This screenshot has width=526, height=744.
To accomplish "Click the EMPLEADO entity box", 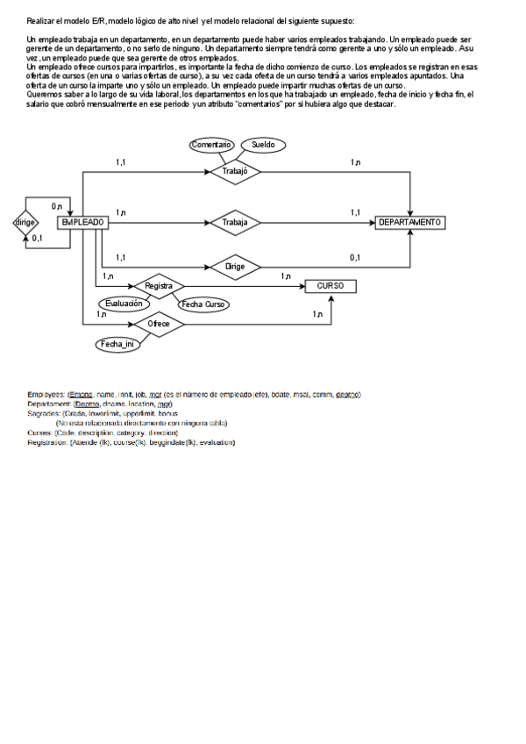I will [82, 223].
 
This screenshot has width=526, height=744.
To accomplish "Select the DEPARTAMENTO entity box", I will [409, 223].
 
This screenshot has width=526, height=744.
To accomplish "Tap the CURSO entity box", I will [330, 286].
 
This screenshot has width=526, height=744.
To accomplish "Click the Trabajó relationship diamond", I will [235, 171].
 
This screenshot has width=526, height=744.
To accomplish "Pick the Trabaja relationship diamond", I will [235, 223].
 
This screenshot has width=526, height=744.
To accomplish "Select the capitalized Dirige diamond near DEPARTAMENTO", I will [235, 266].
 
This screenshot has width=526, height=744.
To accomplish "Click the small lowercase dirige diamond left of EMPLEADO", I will [25, 223].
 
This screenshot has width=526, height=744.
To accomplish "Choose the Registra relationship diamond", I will [158, 286].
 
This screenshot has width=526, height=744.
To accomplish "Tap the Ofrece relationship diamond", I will [159, 324].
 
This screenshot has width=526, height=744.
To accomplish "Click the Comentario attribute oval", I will [211, 145].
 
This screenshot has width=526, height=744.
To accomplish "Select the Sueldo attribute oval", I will [263, 145].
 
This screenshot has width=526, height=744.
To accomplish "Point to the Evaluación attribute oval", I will [124, 303].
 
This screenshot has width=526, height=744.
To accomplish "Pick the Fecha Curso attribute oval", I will [203, 304].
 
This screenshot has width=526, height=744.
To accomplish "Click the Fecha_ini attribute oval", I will [117, 344].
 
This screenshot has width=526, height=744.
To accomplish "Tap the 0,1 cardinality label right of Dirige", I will [355, 257].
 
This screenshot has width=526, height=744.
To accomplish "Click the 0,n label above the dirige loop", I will [56, 206].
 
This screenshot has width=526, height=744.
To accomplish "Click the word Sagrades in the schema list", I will [44, 413].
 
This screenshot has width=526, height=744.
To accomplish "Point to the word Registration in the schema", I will [47, 442].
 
